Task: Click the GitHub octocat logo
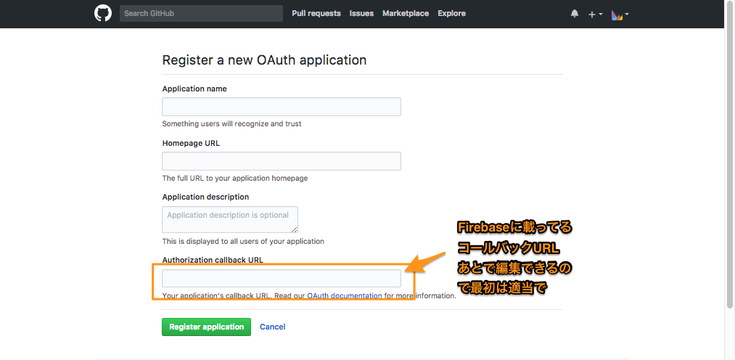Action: pyautogui.click(x=103, y=13)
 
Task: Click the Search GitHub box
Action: pyautogui.click(x=201, y=14)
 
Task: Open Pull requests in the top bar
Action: pyautogui.click(x=316, y=14)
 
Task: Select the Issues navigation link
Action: pyautogui.click(x=361, y=14)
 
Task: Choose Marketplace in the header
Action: pyautogui.click(x=406, y=14)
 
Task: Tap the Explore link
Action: pyautogui.click(x=452, y=14)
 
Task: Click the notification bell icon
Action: pyautogui.click(x=575, y=14)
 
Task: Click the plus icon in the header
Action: pyautogui.click(x=592, y=15)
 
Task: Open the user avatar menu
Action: pyautogui.click(x=617, y=15)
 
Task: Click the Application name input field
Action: pyautogui.click(x=282, y=107)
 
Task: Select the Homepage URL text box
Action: pyautogui.click(x=282, y=161)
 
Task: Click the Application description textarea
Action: pyautogui.click(x=230, y=219)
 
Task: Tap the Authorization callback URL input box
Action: pyautogui.click(x=282, y=278)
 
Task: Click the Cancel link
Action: pyautogui.click(x=272, y=327)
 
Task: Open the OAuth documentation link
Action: pyautogui.click(x=345, y=296)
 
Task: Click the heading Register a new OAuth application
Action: pyautogui.click(x=264, y=60)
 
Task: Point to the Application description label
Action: pyautogui.click(x=205, y=197)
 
